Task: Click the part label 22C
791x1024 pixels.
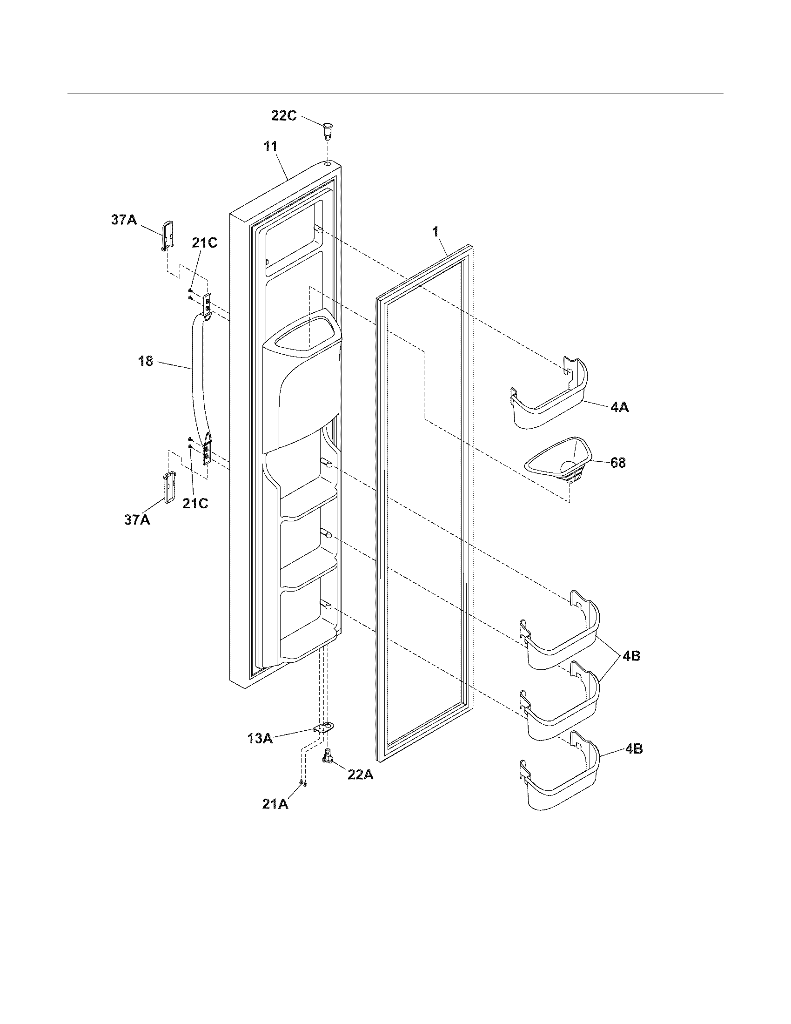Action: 284,115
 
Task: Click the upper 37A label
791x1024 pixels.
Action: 124,219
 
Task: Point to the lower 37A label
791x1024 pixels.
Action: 137,519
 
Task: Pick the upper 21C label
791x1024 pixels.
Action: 204,243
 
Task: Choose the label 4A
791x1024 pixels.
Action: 619,407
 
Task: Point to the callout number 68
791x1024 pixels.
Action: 617,463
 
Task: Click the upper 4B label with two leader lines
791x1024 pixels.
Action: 631,655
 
